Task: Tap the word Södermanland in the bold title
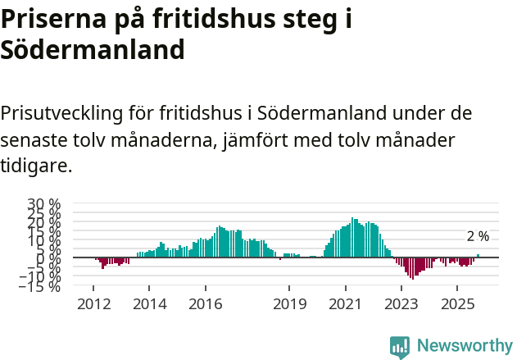pyautogui.click(x=93, y=50)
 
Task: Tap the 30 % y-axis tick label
pyautogui.click(x=44, y=203)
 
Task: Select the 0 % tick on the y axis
pyautogui.click(x=51, y=258)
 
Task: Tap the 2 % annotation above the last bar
pyautogui.click(x=478, y=236)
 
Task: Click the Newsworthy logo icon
pyautogui.click(x=400, y=346)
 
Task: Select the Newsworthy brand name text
pyautogui.click(x=465, y=346)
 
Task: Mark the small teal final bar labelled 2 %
pyautogui.click(x=478, y=256)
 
